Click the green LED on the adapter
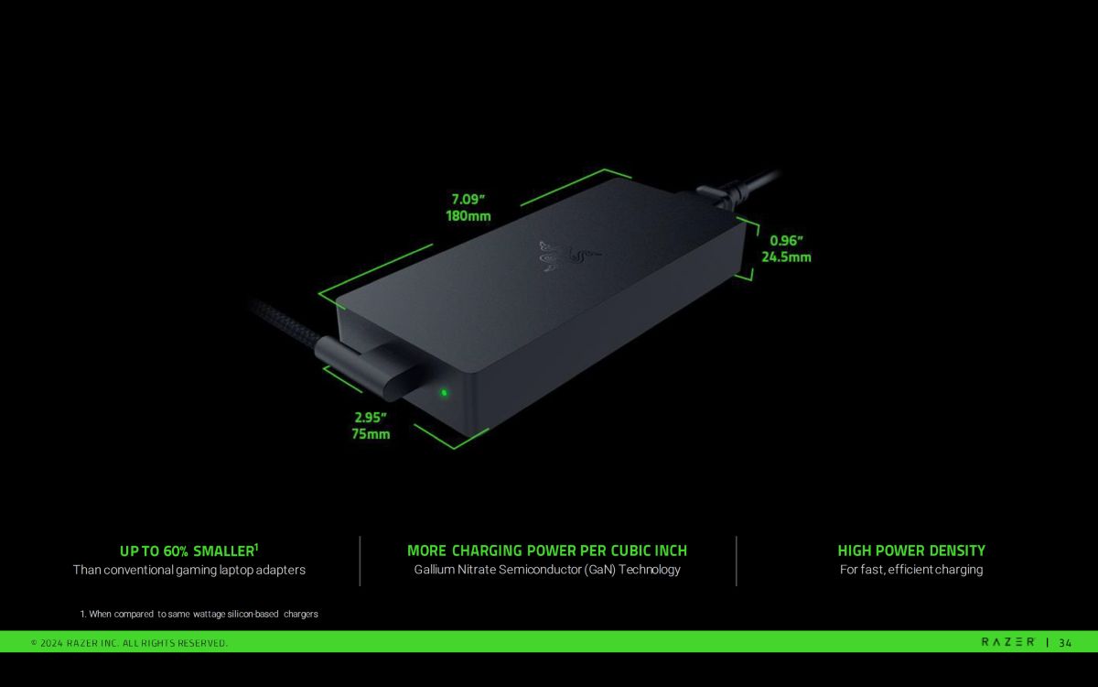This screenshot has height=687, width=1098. click(x=444, y=393)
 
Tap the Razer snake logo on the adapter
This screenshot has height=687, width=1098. click(x=569, y=256)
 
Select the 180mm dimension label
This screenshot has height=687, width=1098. click(x=468, y=216)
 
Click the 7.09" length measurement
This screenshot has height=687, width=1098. click(x=468, y=200)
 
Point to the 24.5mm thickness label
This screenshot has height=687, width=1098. click(x=786, y=257)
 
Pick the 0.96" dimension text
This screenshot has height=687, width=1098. click(x=786, y=240)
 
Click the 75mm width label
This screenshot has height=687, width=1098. click(x=371, y=434)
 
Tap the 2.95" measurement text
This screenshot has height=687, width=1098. click(x=371, y=418)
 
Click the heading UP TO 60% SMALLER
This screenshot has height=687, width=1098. click(x=189, y=551)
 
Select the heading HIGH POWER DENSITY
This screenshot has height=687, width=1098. click(x=911, y=551)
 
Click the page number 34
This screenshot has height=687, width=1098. click(x=1065, y=643)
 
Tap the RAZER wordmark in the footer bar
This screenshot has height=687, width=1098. click(x=1007, y=642)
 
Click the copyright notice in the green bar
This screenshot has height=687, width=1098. click(x=129, y=643)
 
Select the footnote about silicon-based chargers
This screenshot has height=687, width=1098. click(x=199, y=614)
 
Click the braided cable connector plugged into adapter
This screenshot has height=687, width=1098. click(x=365, y=365)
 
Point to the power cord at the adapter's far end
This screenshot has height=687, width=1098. click(x=737, y=191)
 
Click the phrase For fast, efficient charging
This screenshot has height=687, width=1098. click(x=911, y=569)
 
